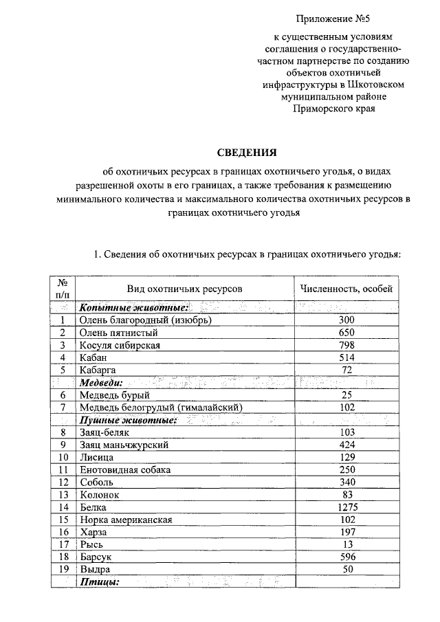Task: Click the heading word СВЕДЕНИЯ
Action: [x=247, y=152]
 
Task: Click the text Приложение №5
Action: [x=334, y=15]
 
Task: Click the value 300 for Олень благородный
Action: [x=346, y=320]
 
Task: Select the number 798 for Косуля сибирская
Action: [x=346, y=345]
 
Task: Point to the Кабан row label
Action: [x=93, y=357]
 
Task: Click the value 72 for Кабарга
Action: [x=346, y=370]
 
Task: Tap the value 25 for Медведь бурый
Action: [x=346, y=395]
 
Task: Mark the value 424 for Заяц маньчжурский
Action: [x=346, y=445]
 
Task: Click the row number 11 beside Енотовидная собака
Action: [x=63, y=470]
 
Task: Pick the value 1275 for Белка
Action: [x=346, y=507]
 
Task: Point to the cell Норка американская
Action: [x=126, y=520]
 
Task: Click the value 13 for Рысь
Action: [x=346, y=545]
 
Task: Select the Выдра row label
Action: [x=94, y=570]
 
